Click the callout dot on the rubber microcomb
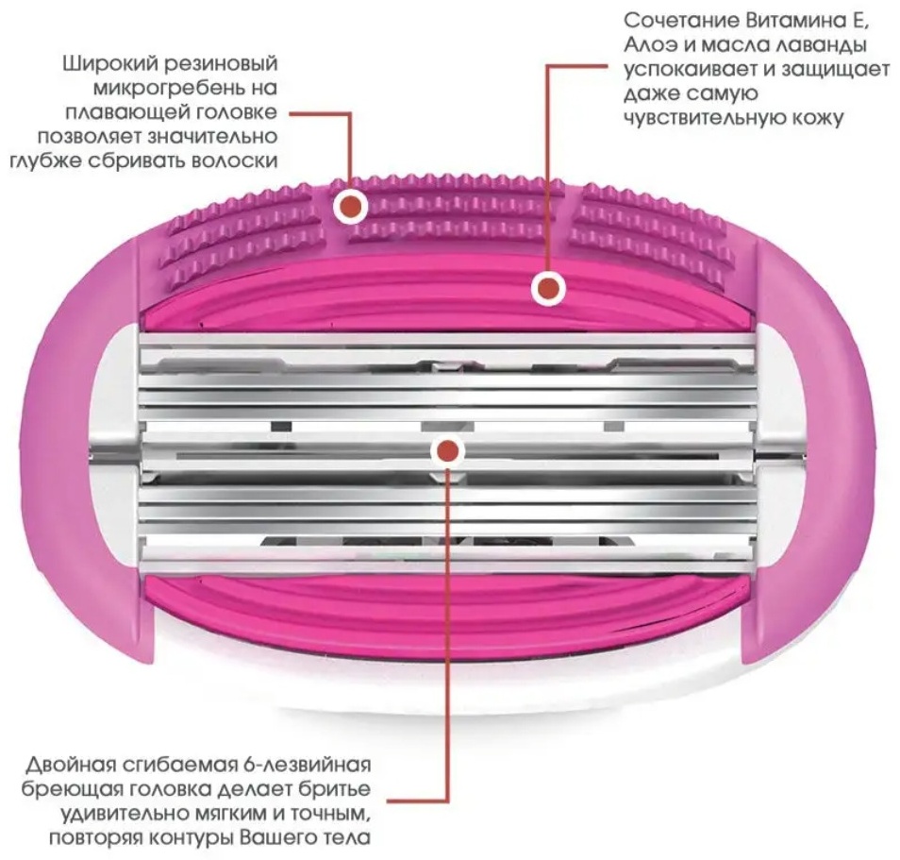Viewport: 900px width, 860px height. (351, 205)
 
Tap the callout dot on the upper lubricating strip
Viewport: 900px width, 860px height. (548, 288)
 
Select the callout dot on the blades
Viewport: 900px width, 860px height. (447, 451)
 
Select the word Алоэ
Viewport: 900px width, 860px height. (651, 44)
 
